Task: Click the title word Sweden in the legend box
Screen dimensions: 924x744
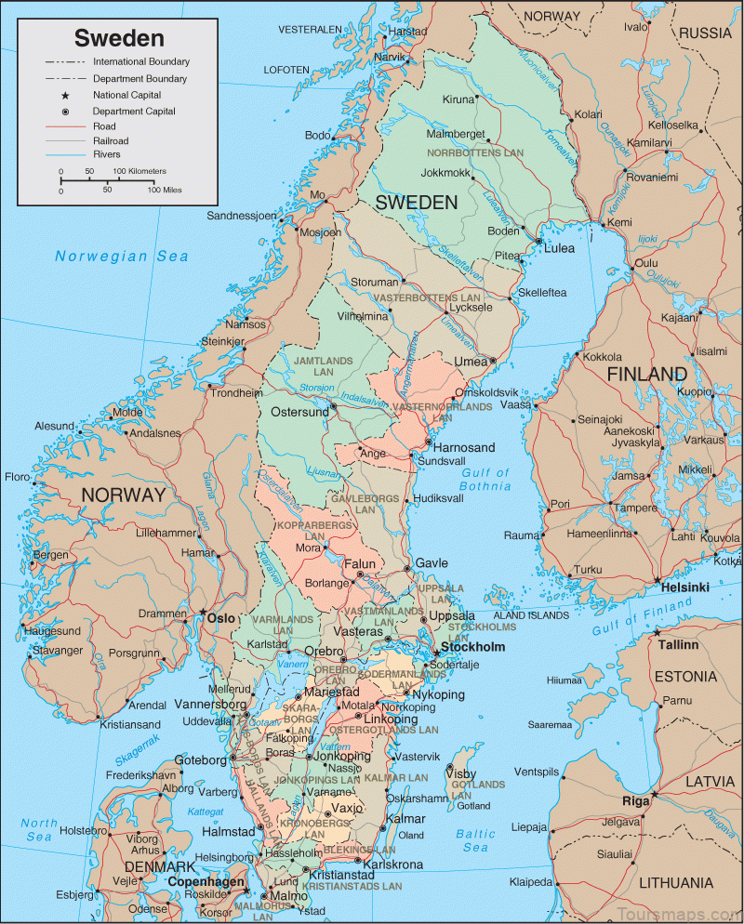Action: (x=119, y=38)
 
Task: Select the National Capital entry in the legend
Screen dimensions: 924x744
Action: (x=126, y=95)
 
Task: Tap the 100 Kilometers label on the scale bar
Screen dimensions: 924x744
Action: (x=140, y=172)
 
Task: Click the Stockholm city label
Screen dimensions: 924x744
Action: (x=472, y=647)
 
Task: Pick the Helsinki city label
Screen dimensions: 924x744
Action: (x=684, y=587)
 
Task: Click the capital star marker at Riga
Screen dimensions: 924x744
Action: (x=655, y=794)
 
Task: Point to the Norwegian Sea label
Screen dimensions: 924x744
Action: (x=121, y=257)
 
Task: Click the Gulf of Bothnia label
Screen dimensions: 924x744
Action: (x=485, y=479)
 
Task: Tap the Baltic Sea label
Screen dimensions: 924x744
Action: (x=476, y=840)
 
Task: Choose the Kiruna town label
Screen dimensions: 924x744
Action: (x=458, y=99)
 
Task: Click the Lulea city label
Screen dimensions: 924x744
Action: (x=559, y=248)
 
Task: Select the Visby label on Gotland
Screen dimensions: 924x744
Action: (x=461, y=773)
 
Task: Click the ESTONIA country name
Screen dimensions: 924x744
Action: (x=685, y=677)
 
